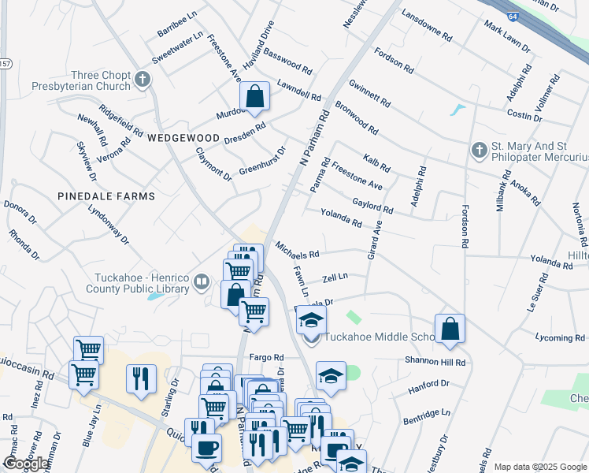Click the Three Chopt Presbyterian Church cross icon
pos(143,79)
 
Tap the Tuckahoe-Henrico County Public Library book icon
pos(202,281)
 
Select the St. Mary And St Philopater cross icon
pos(479,150)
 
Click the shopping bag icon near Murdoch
pos(255,97)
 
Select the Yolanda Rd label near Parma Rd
pos(341,218)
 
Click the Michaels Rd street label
pos(297,250)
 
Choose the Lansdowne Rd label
pos(427,25)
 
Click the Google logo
pos(27,464)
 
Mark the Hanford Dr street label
pos(428,388)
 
